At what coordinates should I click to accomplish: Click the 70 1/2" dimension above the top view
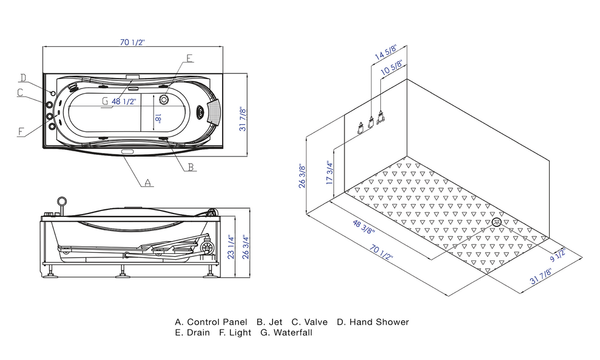(x=132, y=42)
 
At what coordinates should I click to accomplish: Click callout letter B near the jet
(x=190, y=167)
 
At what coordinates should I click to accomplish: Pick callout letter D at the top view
(x=23, y=78)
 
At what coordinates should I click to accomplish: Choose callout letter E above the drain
(x=189, y=58)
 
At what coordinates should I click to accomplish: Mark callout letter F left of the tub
(x=22, y=132)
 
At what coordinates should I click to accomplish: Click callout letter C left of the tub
(x=20, y=93)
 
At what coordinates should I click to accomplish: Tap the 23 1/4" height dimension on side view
(x=232, y=247)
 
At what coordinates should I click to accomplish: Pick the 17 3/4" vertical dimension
(x=330, y=174)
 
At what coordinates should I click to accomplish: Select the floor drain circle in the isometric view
(x=497, y=222)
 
